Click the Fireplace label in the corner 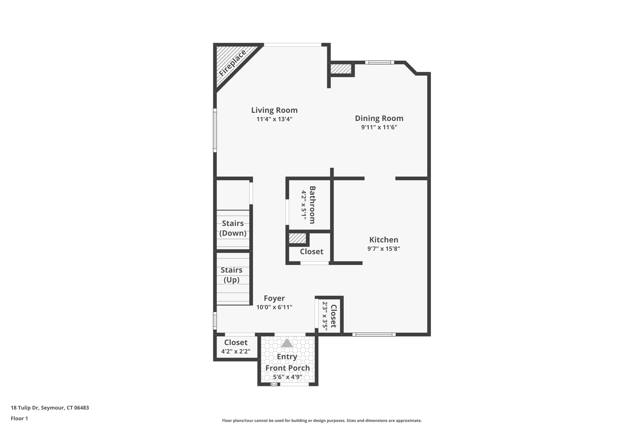point(233,63)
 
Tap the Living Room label point(274,110)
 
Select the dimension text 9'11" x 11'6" point(379,127)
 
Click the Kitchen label point(384,240)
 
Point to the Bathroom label point(312,205)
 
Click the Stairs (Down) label point(233,228)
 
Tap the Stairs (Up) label point(231,275)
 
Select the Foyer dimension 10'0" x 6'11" point(274,307)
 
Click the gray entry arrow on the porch point(287,343)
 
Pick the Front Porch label point(287,368)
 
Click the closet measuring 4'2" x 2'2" point(236,347)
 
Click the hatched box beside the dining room point(341,69)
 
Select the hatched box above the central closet point(297,238)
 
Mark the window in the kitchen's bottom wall point(374,335)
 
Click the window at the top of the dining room point(379,62)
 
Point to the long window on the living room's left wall point(215,130)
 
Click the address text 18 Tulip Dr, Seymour point(50,408)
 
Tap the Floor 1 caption point(19,418)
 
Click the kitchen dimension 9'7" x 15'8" point(384,249)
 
